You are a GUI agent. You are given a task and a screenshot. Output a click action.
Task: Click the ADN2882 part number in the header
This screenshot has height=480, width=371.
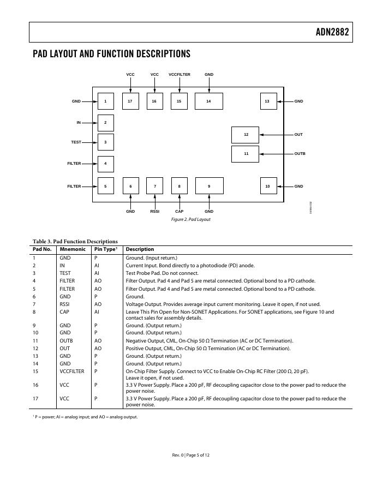[x=332, y=32]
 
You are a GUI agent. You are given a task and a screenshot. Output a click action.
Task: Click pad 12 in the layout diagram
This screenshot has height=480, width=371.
[x=245, y=135]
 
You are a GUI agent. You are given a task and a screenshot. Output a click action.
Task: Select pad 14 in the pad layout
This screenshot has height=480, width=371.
[x=208, y=101]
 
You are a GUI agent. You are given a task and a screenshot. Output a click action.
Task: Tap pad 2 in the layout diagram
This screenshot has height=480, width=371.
[x=105, y=123]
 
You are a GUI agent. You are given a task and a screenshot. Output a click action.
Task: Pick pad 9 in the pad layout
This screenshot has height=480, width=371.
[x=209, y=186]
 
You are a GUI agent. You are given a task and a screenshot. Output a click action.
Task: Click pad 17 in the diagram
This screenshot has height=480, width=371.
[x=130, y=101]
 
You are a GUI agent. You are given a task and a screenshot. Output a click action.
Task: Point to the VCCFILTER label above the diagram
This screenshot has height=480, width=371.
[x=179, y=74]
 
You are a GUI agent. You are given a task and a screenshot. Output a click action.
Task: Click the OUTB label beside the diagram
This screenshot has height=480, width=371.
[x=300, y=154]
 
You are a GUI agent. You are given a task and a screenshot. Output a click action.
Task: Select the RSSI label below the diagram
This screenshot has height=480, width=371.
[x=154, y=211]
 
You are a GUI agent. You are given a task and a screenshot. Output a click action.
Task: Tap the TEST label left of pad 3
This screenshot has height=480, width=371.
[x=76, y=142]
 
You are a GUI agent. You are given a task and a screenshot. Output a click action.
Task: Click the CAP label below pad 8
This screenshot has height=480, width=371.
[x=179, y=211]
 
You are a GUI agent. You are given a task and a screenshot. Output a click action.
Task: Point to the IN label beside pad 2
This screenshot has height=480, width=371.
[x=79, y=123]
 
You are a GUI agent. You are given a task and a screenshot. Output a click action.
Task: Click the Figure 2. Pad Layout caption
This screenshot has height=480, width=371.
[x=191, y=219]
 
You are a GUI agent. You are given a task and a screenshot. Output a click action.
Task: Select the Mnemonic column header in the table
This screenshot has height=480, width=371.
[x=69, y=249]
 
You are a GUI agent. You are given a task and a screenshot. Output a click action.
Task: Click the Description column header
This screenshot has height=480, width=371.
[x=140, y=249]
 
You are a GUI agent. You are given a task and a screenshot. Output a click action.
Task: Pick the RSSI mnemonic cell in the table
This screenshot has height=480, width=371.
[x=65, y=304]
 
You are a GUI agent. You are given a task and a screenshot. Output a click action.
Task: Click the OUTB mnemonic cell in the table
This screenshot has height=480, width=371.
[x=66, y=340]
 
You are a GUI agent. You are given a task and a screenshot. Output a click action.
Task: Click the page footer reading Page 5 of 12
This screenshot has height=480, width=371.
[x=190, y=454]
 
